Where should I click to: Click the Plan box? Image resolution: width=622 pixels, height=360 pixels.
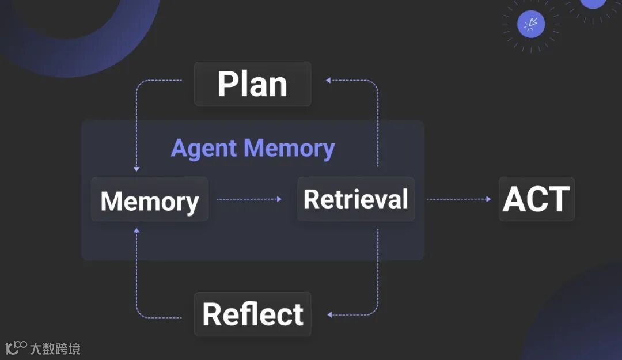(252, 84)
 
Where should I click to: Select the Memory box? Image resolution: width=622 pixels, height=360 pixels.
(150, 200)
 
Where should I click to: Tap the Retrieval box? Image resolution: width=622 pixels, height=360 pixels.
(355, 199)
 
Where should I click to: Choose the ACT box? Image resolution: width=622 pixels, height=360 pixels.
(536, 199)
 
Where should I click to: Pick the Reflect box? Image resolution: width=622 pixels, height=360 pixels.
(252, 314)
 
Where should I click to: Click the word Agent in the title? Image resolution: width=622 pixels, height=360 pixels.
(204, 149)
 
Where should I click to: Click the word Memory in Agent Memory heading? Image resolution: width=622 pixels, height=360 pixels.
(289, 148)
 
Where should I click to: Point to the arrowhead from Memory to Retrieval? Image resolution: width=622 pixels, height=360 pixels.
(279, 199)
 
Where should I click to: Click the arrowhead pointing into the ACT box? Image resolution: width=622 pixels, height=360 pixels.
(488, 199)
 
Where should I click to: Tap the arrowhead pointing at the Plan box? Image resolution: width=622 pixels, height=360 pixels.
(328, 81)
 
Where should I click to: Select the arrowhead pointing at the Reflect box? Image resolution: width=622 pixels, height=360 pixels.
(329, 314)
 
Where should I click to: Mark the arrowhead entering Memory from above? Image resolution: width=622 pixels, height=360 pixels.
(136, 169)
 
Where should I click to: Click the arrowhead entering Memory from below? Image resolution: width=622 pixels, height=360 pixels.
(136, 230)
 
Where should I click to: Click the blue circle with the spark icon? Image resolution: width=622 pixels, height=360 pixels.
(531, 24)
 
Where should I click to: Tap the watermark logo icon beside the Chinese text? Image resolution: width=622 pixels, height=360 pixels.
(16, 347)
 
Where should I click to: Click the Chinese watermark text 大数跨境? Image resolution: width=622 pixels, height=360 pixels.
(59, 348)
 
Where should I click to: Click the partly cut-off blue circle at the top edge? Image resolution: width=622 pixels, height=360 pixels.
(592, 3)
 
